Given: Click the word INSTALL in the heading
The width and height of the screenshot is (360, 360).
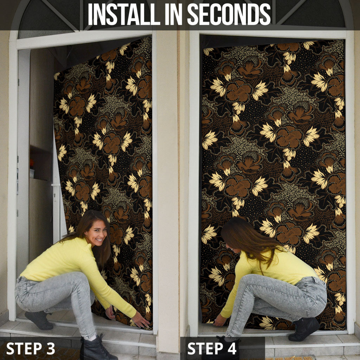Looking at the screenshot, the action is coord(124,14).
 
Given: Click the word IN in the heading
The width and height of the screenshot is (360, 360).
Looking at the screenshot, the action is coord(174,14).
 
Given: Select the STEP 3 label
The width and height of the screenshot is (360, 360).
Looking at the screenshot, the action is coord(31,348).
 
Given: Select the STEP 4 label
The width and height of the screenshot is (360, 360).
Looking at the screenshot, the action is coord(212,348).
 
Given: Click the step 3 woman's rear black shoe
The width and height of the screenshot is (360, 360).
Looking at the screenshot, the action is coord(39,320).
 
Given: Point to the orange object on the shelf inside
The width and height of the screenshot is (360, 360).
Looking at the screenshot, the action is coord(32,163).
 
